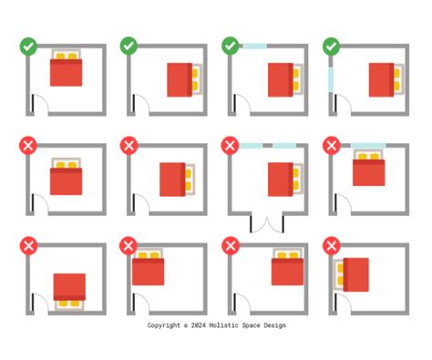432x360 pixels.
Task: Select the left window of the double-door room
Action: (252, 145)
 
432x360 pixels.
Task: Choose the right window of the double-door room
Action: (283, 145)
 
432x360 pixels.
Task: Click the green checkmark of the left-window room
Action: (332, 44)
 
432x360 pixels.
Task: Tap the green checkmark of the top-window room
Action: (231, 44)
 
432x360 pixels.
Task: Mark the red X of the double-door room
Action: (231, 145)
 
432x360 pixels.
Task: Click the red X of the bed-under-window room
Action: (332, 145)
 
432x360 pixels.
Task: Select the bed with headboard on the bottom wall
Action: (69, 289)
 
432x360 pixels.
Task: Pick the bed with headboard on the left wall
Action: (353, 273)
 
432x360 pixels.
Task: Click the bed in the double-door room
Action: (281, 180)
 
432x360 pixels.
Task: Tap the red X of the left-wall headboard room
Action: (332, 246)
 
